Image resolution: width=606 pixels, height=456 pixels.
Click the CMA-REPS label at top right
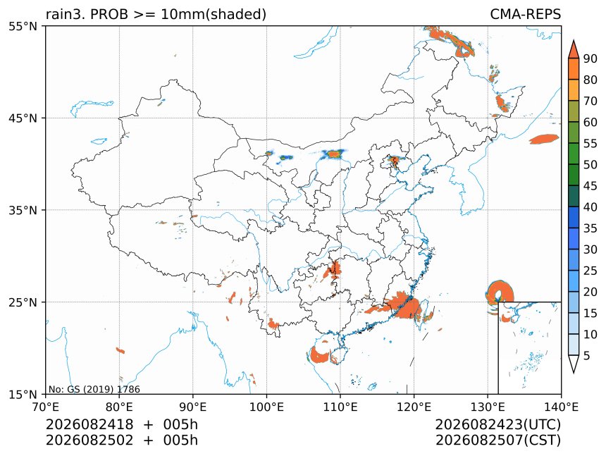click(x=525, y=14)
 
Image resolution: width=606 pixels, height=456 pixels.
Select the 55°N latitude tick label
click(x=23, y=26)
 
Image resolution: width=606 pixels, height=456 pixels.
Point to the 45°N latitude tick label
click(x=23, y=118)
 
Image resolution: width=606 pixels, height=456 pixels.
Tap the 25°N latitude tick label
click(x=23, y=302)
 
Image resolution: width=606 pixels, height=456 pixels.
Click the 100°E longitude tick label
click(x=266, y=407)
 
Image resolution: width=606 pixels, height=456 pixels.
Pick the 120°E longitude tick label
click(x=414, y=407)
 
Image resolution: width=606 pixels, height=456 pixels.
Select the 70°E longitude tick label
click(x=46, y=407)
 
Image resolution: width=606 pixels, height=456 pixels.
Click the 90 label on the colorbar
click(x=590, y=58)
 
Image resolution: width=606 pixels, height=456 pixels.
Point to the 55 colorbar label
click(x=590, y=144)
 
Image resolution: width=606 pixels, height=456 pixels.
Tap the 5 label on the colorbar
click(x=587, y=355)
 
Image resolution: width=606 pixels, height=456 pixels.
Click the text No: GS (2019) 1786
click(x=94, y=389)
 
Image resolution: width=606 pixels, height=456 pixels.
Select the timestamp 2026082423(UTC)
click(x=497, y=424)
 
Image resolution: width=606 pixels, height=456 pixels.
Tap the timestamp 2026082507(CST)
click(x=497, y=440)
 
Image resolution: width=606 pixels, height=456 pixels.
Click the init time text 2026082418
click(x=89, y=424)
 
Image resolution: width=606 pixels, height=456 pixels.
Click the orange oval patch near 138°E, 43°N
click(x=544, y=139)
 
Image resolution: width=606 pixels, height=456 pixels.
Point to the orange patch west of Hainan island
click(x=319, y=355)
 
